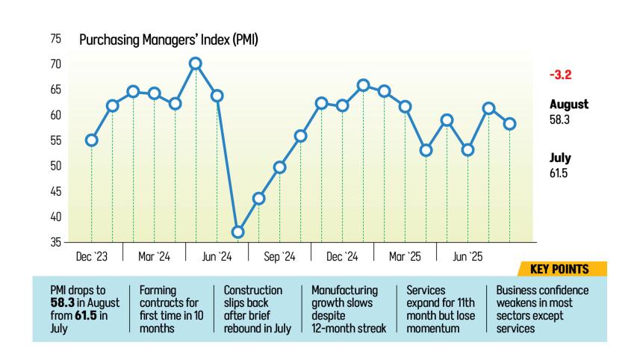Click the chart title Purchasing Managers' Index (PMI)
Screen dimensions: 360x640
(x=169, y=40)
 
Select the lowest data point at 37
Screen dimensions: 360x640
(x=237, y=232)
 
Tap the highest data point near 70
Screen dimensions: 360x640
(x=196, y=63)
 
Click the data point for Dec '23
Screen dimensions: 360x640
(x=91, y=140)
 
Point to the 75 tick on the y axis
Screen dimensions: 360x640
(x=55, y=40)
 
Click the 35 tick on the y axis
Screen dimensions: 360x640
(x=55, y=242)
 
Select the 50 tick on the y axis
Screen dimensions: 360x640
(x=55, y=166)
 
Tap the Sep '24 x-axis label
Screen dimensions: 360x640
(x=279, y=257)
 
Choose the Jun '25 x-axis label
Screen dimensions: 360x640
(x=467, y=257)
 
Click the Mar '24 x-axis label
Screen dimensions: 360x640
(x=154, y=257)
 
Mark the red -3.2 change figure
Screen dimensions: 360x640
(x=560, y=75)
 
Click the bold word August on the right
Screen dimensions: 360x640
(x=569, y=105)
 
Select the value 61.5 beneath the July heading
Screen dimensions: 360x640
(x=559, y=173)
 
